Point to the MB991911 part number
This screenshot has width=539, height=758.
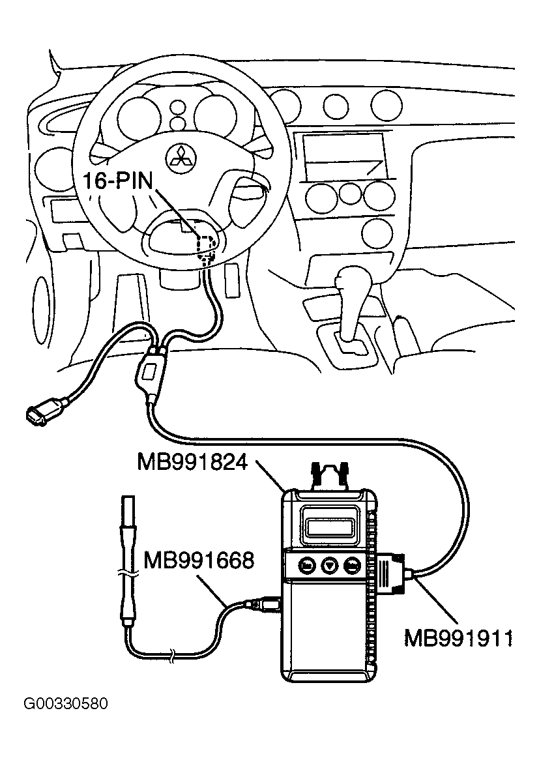(458, 637)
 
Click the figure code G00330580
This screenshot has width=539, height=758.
(65, 705)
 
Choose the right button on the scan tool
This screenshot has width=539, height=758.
(353, 565)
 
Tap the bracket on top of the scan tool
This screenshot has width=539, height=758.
(330, 475)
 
